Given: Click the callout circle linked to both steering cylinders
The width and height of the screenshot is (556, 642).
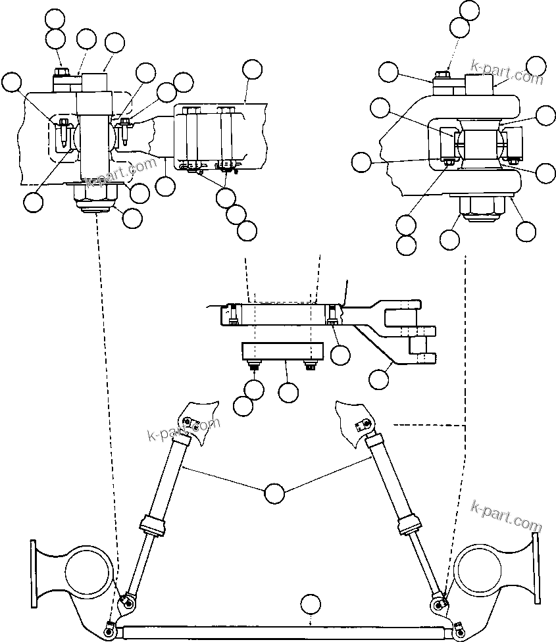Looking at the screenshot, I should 274,492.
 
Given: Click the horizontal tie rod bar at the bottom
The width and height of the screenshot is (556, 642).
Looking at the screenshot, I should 276,629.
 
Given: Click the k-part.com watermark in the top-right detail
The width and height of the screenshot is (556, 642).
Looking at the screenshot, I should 507,72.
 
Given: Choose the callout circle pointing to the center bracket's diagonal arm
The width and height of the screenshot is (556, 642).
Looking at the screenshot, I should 378,378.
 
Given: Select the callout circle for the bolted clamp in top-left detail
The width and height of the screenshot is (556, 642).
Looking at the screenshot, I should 252,69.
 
